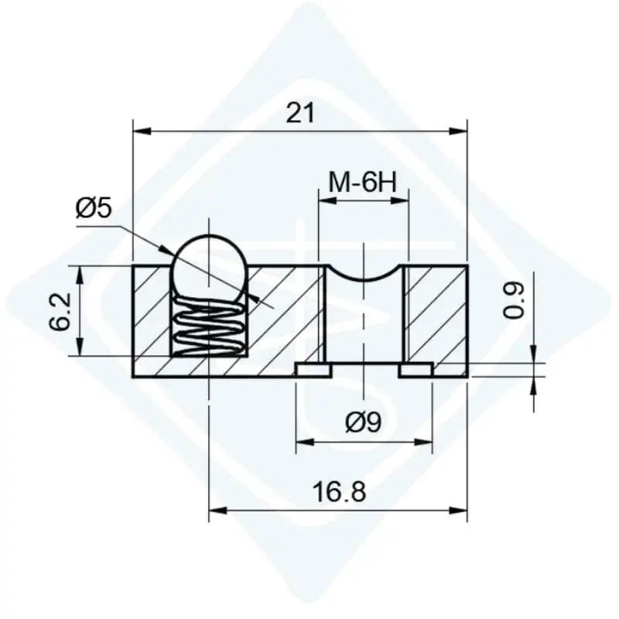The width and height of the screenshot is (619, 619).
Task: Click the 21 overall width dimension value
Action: tap(300, 113)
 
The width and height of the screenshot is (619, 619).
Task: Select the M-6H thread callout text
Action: tap(363, 183)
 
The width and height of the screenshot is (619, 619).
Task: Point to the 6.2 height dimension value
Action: tap(60, 312)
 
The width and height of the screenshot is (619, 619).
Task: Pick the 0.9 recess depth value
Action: tap(514, 300)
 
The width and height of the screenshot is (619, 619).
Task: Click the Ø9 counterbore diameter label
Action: tap(364, 422)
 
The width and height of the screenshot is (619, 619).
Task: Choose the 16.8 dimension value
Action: tap(339, 492)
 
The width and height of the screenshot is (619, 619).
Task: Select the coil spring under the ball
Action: tap(209, 327)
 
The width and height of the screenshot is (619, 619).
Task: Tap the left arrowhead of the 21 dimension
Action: tap(142, 132)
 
